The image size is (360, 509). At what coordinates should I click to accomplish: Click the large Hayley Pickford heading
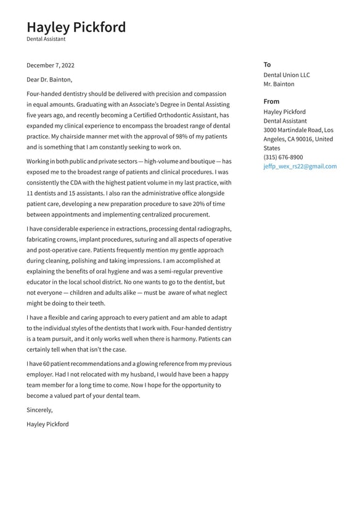coord(76,27)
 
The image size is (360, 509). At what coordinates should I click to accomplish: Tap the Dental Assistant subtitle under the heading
coord(46,39)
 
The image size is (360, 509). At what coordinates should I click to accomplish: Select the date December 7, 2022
coord(51,65)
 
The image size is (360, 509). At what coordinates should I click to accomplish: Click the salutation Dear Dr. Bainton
coord(49,80)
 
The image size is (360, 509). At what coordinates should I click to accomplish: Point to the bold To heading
coord(267,65)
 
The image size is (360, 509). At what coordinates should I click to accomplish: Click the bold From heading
coord(271,101)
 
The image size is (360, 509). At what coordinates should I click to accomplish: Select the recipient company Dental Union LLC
coord(287,75)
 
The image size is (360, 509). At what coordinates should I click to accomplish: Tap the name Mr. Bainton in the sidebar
coord(279,85)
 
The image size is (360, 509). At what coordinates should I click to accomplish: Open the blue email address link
coord(300,167)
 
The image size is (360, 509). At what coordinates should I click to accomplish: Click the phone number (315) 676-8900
coord(283,157)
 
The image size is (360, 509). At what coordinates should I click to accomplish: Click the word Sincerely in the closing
coord(39,410)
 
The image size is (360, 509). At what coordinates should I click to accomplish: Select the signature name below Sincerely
coord(47,424)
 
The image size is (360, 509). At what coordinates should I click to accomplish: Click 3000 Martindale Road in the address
coord(292,130)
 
